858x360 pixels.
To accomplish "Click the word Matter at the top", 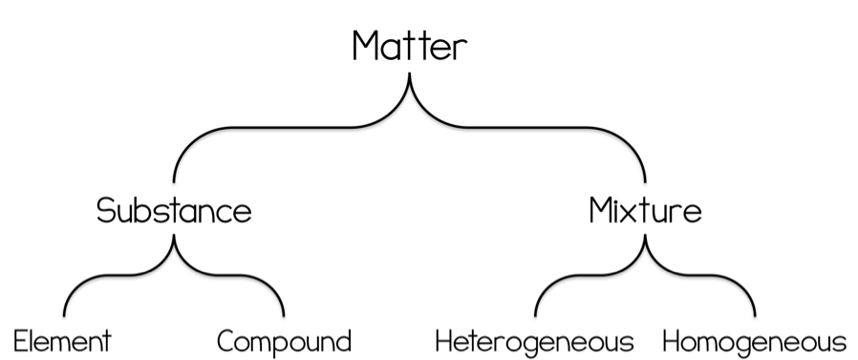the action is [410, 46].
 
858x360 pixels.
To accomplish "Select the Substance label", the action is [174, 210].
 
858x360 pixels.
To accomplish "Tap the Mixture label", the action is [645, 210].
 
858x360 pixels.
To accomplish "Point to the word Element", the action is [62, 342].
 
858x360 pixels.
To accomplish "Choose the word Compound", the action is [284, 342].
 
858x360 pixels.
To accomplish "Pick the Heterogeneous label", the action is [534, 342].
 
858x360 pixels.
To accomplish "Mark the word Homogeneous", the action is [755, 342].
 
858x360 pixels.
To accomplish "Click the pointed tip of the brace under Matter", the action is [409, 74].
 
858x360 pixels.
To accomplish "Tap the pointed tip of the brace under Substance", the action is [174, 236].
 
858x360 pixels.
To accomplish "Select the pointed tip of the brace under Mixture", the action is [645, 236].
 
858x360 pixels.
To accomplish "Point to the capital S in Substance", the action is [106, 210].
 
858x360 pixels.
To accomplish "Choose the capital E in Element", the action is [20, 342].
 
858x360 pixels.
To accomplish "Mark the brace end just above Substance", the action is [174, 181].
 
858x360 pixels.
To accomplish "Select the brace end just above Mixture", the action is [645, 181].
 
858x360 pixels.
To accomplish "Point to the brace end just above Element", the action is [64, 315].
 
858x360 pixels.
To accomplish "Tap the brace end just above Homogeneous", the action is [755, 315].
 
